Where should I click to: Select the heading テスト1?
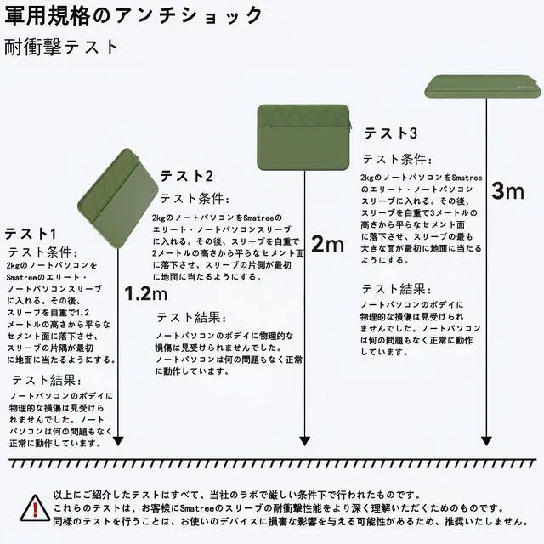pyautogui.click(x=31, y=233)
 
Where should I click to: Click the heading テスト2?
pyautogui.click(x=187, y=176)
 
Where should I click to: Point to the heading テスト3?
pyautogui.click(x=391, y=133)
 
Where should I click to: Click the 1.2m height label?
pyautogui.click(x=146, y=294)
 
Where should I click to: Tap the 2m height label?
pyautogui.click(x=327, y=246)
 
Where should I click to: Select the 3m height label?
pyautogui.click(x=508, y=190)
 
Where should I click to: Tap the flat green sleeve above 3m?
pyautogui.click(x=483, y=84)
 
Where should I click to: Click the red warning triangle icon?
pyautogui.click(x=33, y=507)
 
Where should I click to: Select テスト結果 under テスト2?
pyautogui.click(x=191, y=317)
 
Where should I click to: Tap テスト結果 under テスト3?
pyautogui.click(x=396, y=289)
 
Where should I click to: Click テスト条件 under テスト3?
pyautogui.click(x=397, y=159)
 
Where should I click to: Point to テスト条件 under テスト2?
pyautogui.click(x=195, y=199)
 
